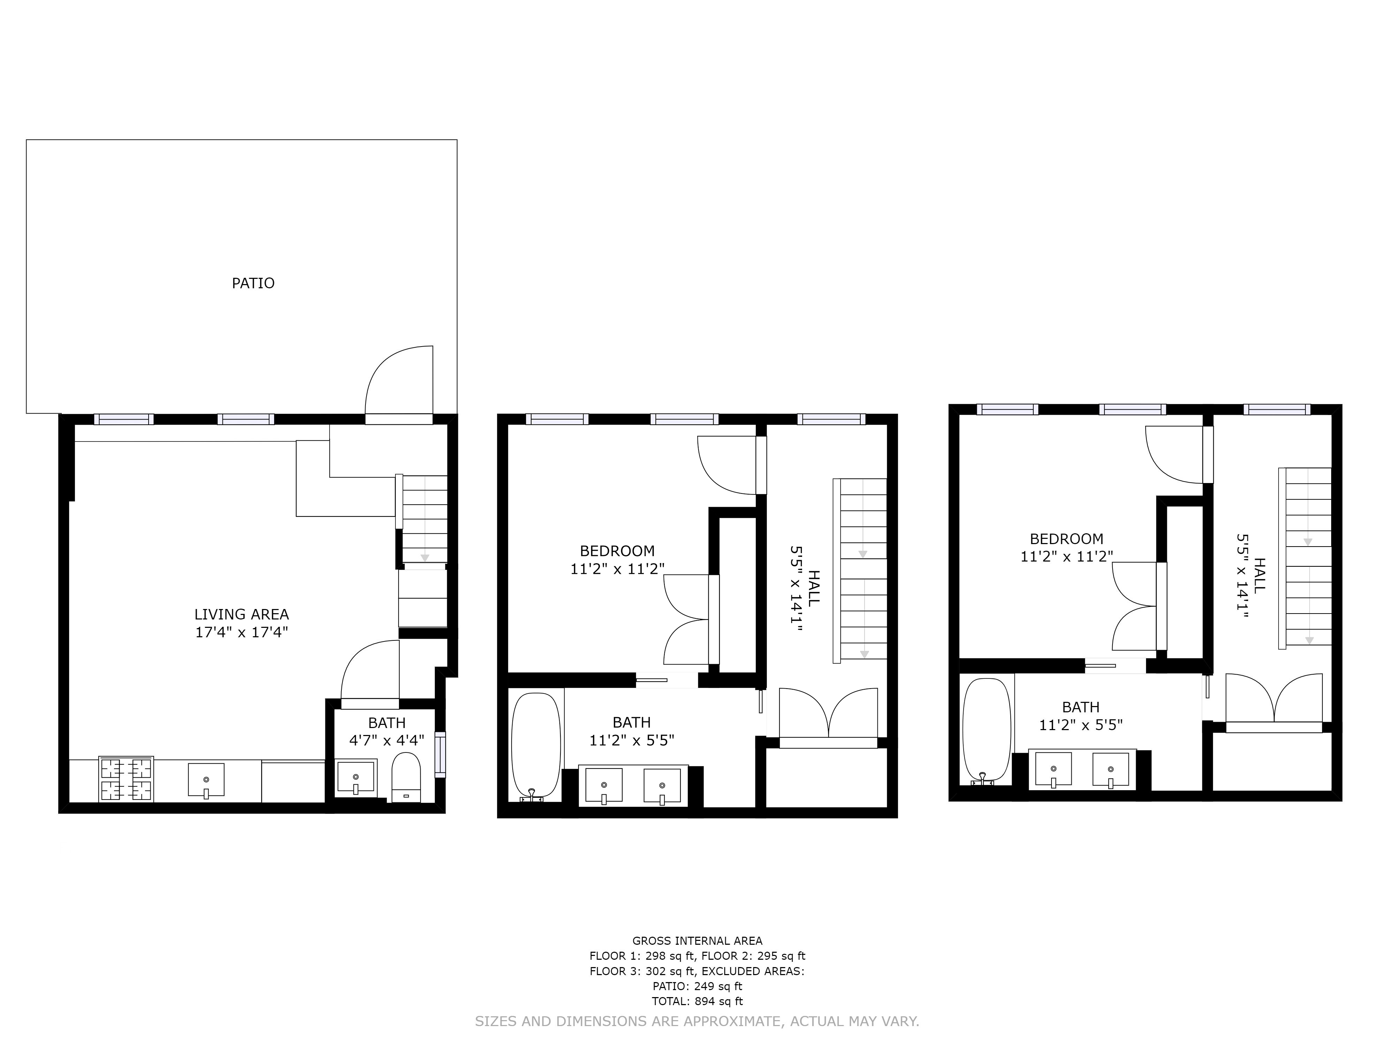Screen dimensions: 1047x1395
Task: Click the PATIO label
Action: click(x=253, y=283)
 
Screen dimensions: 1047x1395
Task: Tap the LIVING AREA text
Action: click(x=242, y=614)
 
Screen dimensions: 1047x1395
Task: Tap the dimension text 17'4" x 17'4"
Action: click(x=242, y=632)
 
